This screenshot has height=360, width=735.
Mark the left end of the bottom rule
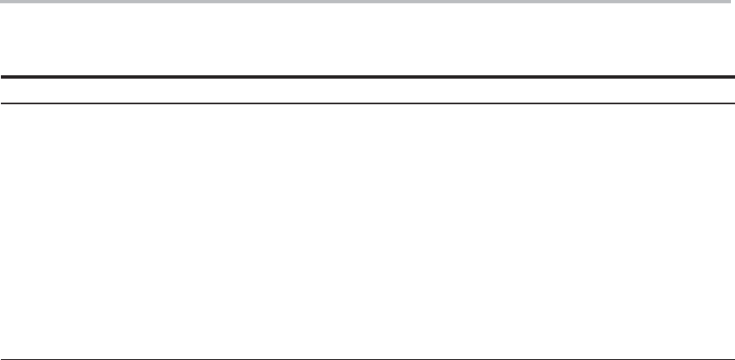(2, 359)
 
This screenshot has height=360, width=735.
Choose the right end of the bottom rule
(733, 359)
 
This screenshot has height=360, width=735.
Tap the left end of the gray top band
(2, 2)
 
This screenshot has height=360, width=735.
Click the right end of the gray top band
(733, 2)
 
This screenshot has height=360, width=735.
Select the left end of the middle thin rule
(2, 103)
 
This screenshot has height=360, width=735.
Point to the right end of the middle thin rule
(733, 103)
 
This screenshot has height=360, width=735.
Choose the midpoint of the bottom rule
(367, 359)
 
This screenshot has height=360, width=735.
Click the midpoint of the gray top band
(367, 2)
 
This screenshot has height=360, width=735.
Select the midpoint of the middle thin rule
(367, 103)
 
